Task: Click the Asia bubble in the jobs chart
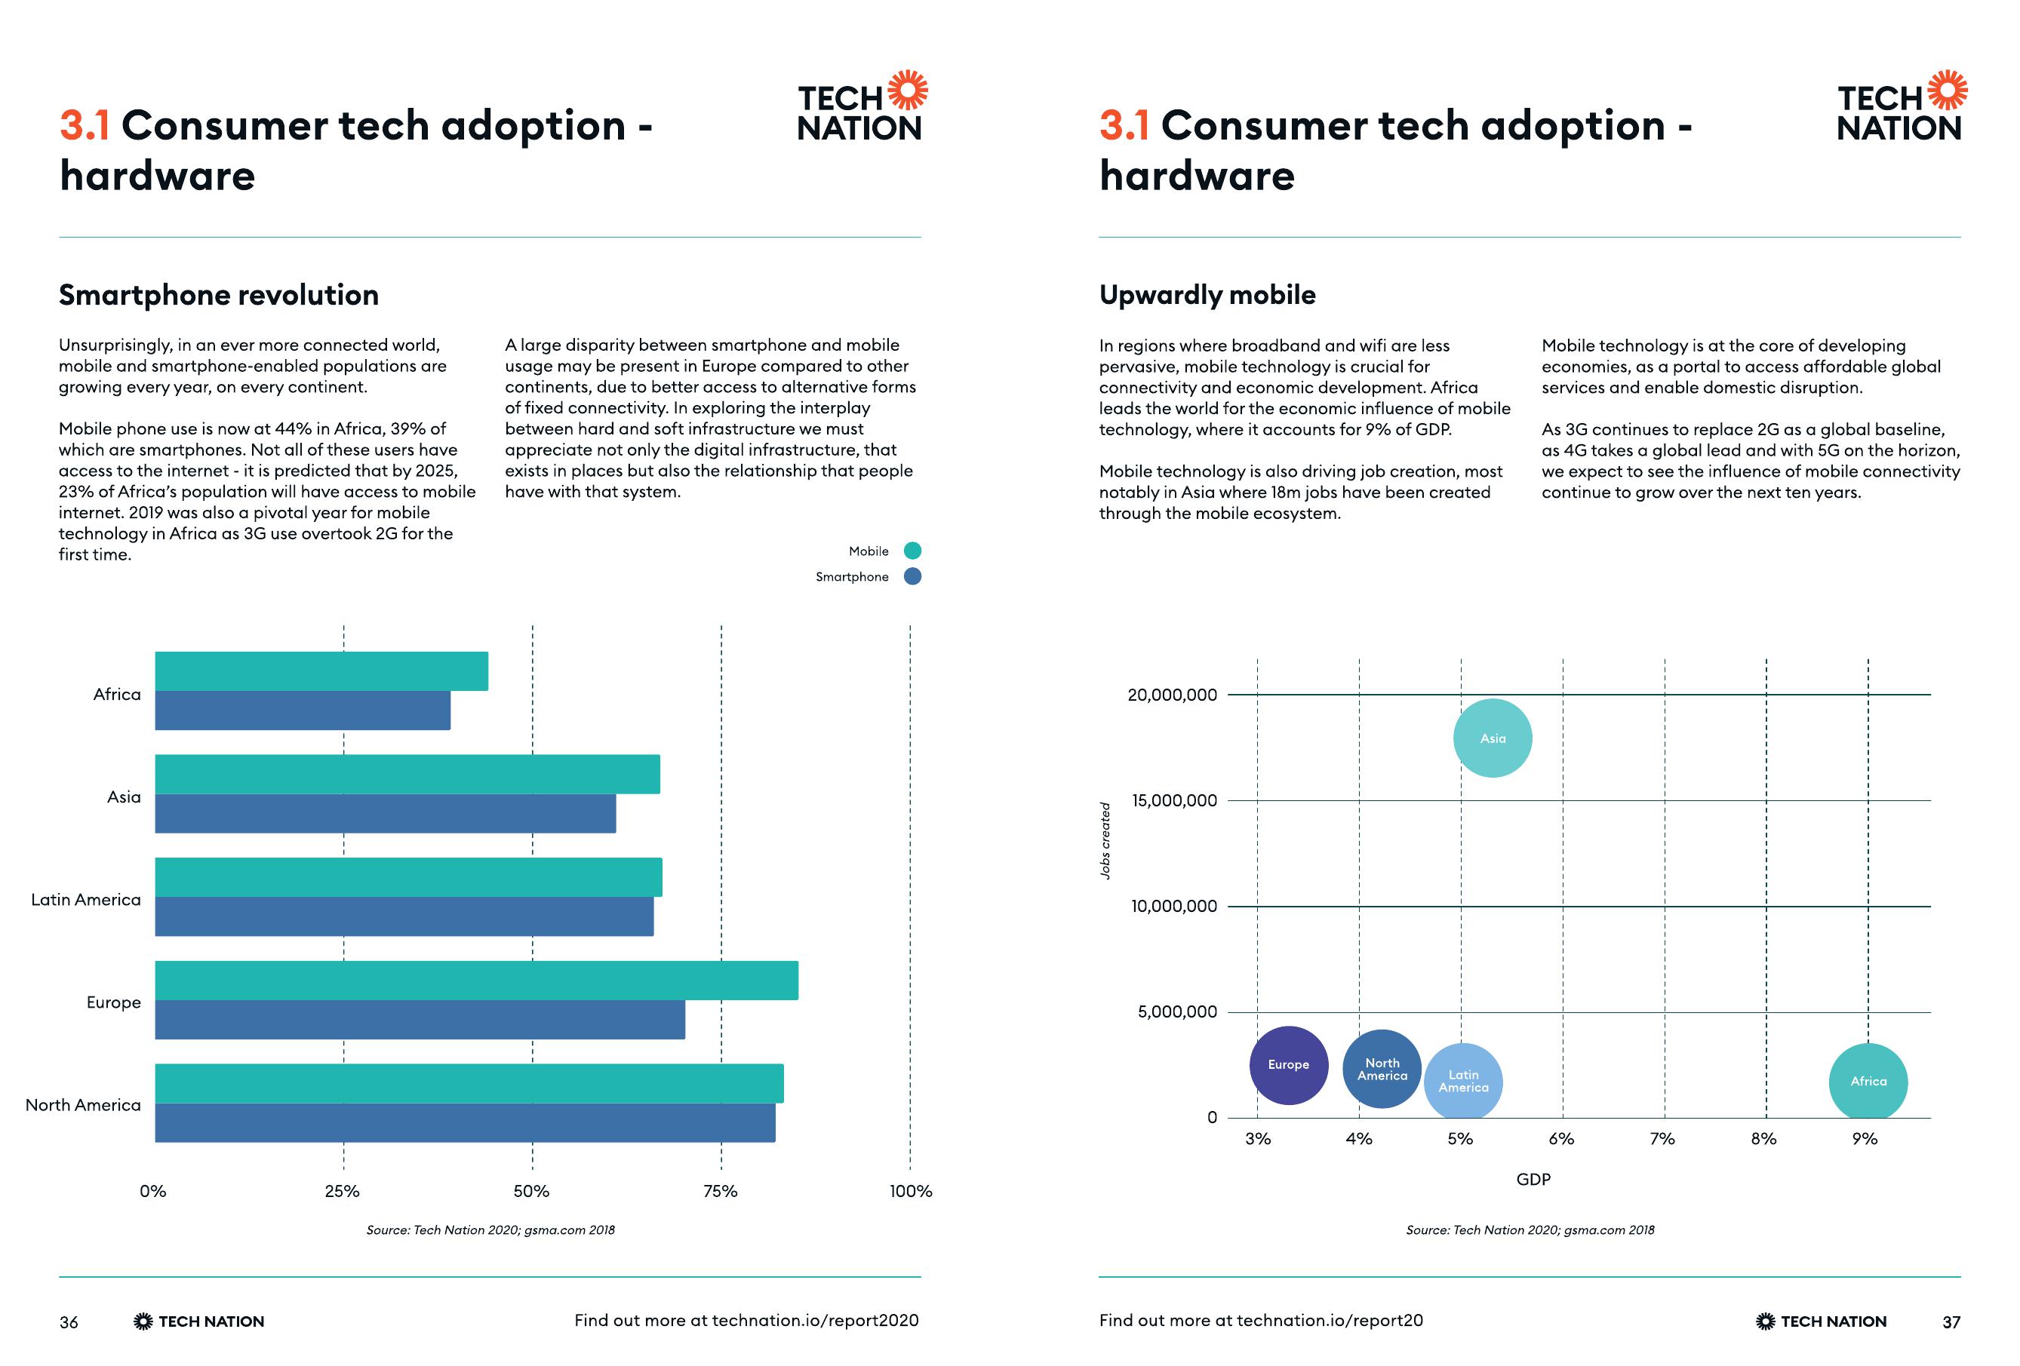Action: tap(1493, 738)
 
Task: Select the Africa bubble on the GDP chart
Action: tap(1868, 1082)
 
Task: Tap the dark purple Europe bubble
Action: tap(1288, 1064)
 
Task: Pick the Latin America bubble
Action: tap(1463, 1082)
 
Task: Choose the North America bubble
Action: tap(1382, 1069)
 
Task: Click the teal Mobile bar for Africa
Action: tap(321, 671)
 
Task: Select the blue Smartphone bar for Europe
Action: tap(419, 1019)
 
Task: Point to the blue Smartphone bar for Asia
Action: tap(384, 813)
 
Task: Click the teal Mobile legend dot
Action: tap(912, 551)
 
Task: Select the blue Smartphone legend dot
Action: tap(912, 576)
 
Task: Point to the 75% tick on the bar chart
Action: tap(720, 1191)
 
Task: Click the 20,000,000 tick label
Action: tap(1172, 695)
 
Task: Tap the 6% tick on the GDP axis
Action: tap(1561, 1139)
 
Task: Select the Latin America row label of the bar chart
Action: tap(86, 899)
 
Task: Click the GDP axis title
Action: tap(1533, 1179)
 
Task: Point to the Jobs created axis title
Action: tap(1105, 840)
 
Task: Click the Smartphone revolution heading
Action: tap(218, 296)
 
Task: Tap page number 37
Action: tap(1951, 1321)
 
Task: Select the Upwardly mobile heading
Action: tap(1207, 296)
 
